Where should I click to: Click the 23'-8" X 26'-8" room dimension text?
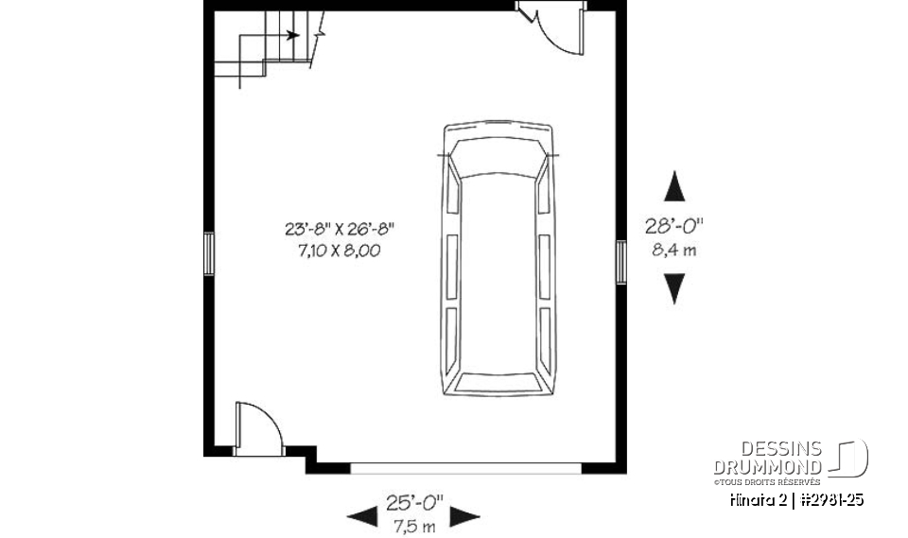[338, 228]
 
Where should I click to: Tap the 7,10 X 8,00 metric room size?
[338, 251]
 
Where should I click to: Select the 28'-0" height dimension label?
[674, 226]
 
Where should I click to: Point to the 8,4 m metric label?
[674, 251]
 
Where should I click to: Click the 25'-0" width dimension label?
[414, 500]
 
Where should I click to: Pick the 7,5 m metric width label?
[414, 525]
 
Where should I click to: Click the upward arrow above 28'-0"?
[674, 186]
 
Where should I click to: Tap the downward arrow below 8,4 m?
[674, 287]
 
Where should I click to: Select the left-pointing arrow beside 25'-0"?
[362, 515]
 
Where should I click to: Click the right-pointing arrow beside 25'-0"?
[464, 515]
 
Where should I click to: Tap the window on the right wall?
[620, 261]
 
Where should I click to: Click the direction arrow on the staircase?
[293, 36]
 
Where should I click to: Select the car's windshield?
[497, 160]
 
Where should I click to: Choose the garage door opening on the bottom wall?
[465, 467]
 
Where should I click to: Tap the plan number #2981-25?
[833, 500]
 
